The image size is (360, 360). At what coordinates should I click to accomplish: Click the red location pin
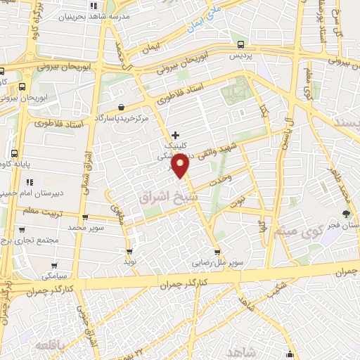[181, 166]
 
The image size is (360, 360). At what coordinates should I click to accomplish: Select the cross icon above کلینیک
[175, 134]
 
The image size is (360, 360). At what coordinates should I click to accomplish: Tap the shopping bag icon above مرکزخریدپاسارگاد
[122, 108]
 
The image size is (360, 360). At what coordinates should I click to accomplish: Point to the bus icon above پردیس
[241, 44]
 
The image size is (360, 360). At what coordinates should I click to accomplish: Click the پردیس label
[241, 55]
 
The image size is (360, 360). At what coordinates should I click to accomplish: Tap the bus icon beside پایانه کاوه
[15, 153]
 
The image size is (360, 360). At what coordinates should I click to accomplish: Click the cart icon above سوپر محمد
[85, 218]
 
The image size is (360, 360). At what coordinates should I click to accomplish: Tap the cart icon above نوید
[129, 251]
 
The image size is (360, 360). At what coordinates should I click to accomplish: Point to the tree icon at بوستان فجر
[346, 214]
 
